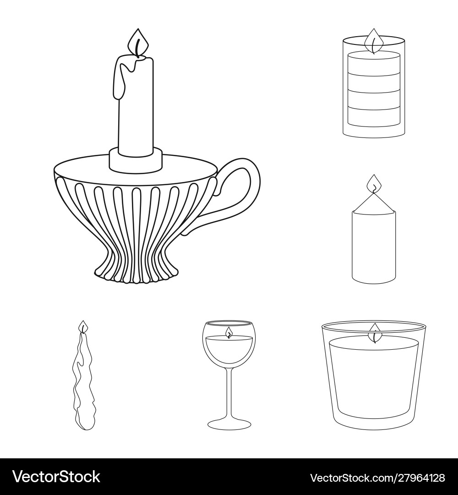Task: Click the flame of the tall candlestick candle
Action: (138, 43)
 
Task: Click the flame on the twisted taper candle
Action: (83, 326)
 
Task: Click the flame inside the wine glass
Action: (229, 332)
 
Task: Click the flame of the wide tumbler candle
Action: (375, 333)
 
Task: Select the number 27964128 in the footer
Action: (420, 478)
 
